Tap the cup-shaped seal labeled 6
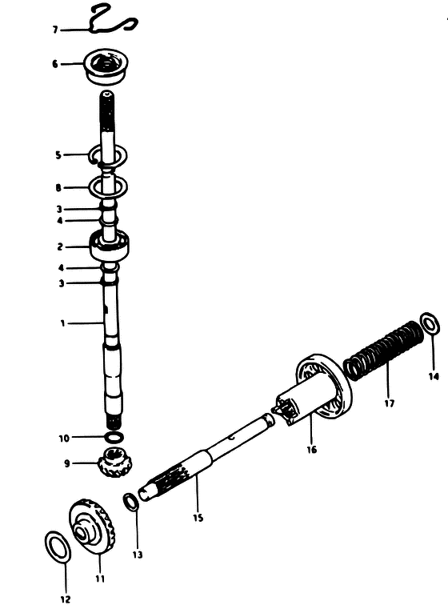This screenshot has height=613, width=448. (x=107, y=66)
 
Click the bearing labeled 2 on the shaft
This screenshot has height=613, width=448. (x=109, y=246)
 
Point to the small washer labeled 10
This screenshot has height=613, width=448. (x=114, y=436)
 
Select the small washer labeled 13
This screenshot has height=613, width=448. (x=130, y=502)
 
